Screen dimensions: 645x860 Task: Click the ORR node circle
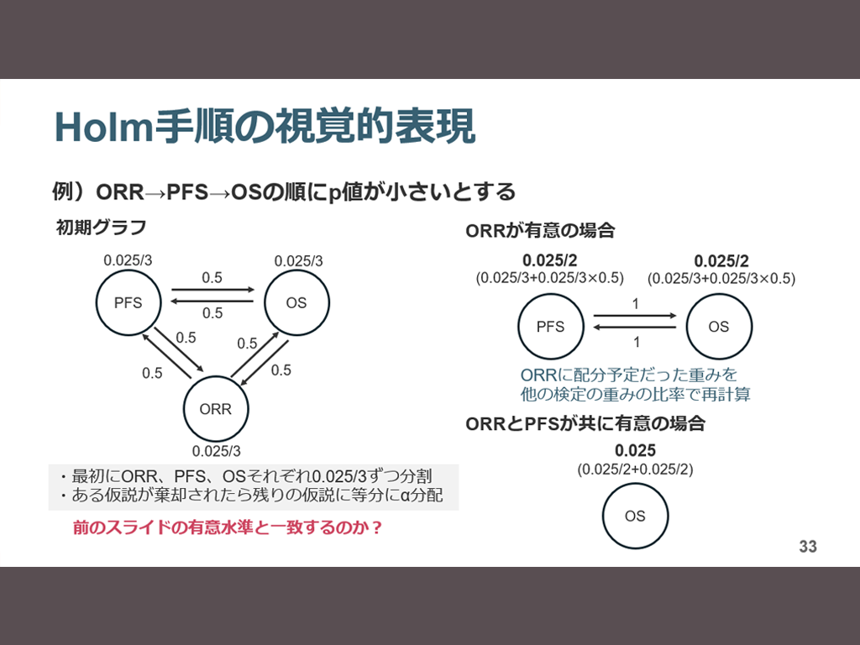pyautogui.click(x=216, y=410)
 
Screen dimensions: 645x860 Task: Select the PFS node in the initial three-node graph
pyautogui.click(x=128, y=303)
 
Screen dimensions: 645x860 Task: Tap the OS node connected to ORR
pyautogui.click(x=296, y=303)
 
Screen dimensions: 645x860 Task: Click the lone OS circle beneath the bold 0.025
pyautogui.click(x=635, y=516)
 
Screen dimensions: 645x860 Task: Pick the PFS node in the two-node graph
pyautogui.click(x=550, y=327)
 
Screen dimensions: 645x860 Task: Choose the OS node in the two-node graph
pyautogui.click(x=718, y=327)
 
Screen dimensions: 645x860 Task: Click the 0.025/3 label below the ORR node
pyautogui.click(x=216, y=450)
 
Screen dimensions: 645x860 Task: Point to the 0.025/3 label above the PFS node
pyautogui.click(x=128, y=260)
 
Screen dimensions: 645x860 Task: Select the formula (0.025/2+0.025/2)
pyautogui.click(x=635, y=469)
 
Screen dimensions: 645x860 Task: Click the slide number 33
pyautogui.click(x=807, y=547)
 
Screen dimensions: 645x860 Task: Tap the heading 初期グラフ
pyautogui.click(x=101, y=227)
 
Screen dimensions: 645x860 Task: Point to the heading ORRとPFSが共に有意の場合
pyautogui.click(x=585, y=424)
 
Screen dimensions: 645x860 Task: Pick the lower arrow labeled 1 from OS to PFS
pyautogui.click(x=635, y=329)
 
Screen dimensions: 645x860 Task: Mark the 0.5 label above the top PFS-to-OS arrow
pyautogui.click(x=212, y=277)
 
